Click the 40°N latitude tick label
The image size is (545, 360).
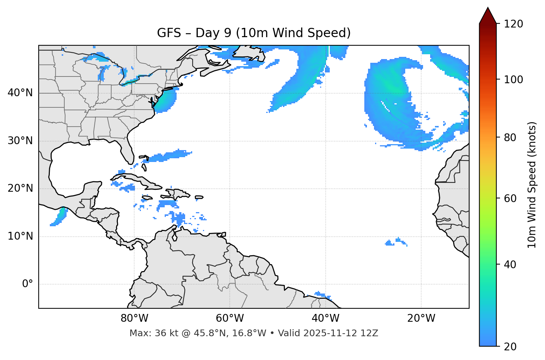coord(20,93)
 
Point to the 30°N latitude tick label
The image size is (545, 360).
coord(20,141)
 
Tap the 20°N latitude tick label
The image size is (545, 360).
coord(20,188)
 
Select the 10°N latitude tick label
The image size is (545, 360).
coord(20,236)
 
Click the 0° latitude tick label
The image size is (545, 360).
coord(27,284)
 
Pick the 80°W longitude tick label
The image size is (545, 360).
coord(134,318)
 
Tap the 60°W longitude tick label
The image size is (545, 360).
coord(230,318)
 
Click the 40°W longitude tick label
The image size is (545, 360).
coord(325,318)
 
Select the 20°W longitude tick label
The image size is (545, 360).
coord(421,318)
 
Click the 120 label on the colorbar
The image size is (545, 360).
coord(513,24)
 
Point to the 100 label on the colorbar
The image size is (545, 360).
coord(513,80)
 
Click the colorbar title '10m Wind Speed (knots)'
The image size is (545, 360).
coord(532,185)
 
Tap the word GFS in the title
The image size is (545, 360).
coord(169,33)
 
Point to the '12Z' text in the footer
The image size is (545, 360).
coord(370,333)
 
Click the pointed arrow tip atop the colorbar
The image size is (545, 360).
coord(488,9)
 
